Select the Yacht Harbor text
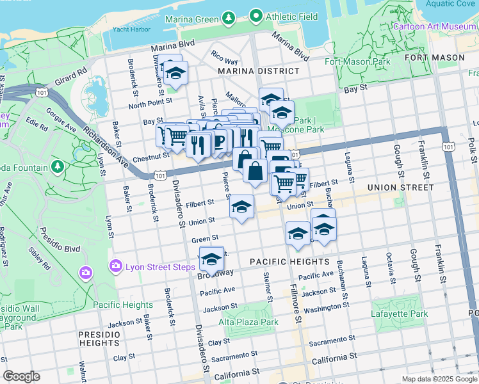click(126, 29)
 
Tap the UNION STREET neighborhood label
click(401, 188)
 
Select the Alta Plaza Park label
click(248, 323)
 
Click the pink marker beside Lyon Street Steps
click(116, 265)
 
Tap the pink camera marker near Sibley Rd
click(86, 273)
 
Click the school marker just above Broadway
click(211, 259)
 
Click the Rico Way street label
click(223, 60)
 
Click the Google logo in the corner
click(21, 376)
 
